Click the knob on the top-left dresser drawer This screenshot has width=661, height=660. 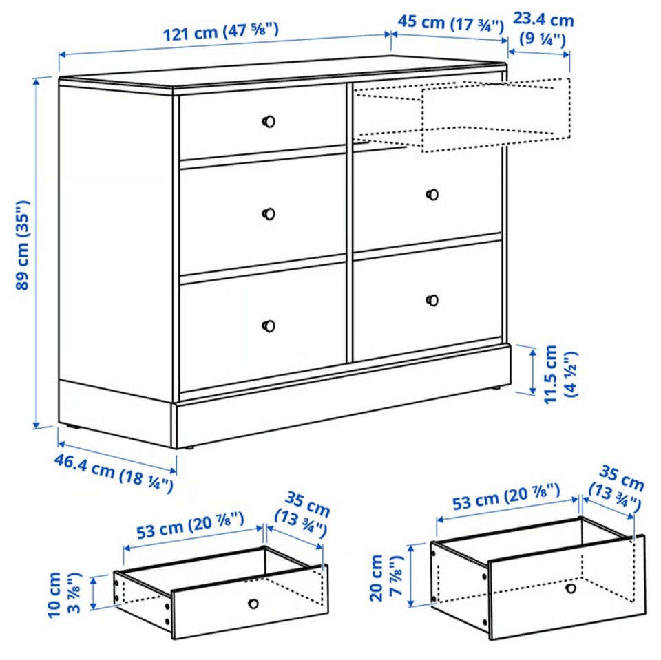(x=269, y=122)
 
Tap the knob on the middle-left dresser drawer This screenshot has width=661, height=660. (x=269, y=214)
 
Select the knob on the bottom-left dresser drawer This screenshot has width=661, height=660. (x=269, y=326)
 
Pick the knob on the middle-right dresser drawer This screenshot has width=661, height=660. (x=432, y=195)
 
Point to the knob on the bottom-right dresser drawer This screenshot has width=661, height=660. (x=432, y=300)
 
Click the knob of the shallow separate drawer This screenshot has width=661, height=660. (x=253, y=604)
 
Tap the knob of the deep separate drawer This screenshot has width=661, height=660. (x=571, y=588)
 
